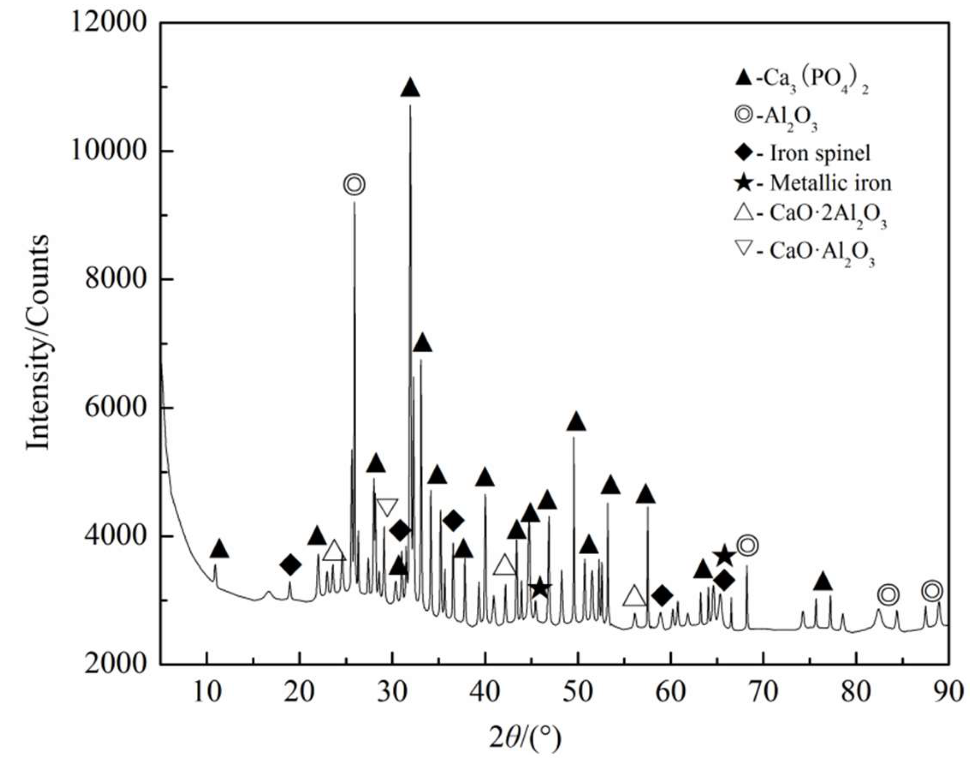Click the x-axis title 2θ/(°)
[524, 738]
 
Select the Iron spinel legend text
[819, 153]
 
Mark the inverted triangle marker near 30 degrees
[388, 507]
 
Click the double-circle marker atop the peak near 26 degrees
[354, 185]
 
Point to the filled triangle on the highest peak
[410, 88]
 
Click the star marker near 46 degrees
[540, 588]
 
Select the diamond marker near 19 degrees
[291, 565]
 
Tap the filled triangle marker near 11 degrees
[219, 549]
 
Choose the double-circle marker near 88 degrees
[932, 591]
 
